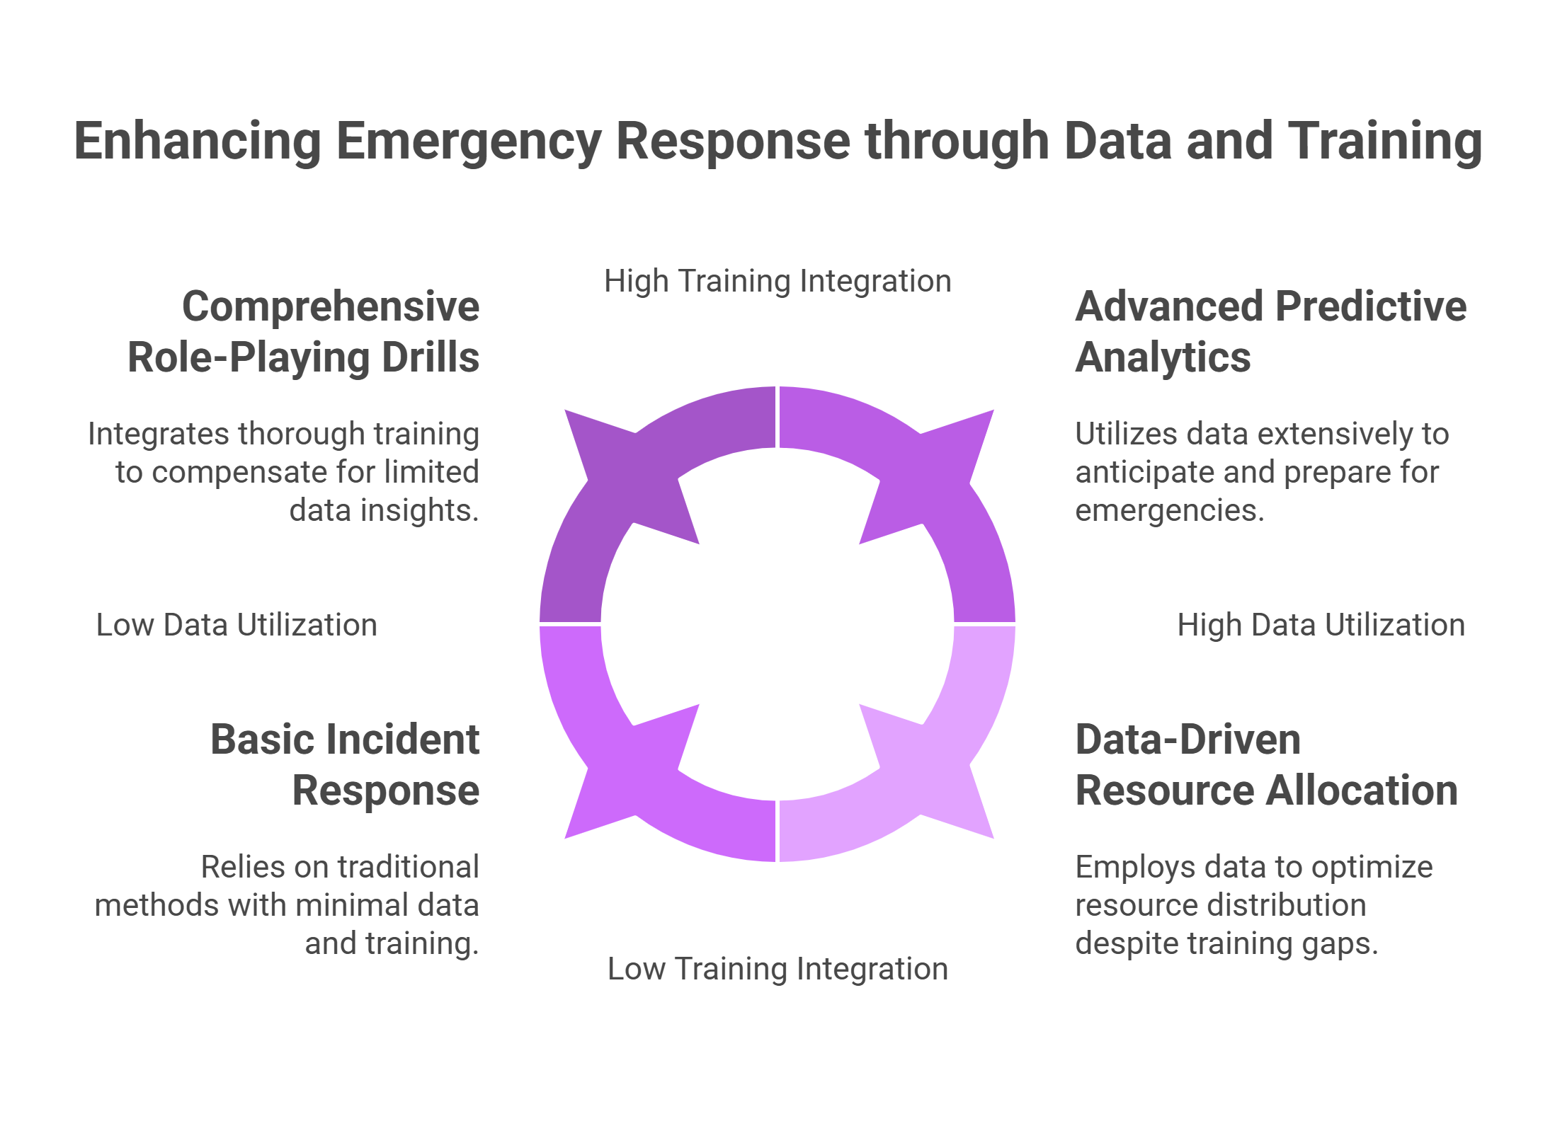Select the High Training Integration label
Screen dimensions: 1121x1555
(777, 281)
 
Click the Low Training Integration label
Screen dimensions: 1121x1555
(777, 969)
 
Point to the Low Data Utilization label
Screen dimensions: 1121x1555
(237, 625)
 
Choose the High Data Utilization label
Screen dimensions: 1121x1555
(1321, 625)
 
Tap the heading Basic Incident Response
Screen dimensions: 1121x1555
(346, 764)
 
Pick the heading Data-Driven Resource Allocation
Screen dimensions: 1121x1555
(1266, 764)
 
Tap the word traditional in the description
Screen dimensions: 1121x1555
(409, 867)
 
